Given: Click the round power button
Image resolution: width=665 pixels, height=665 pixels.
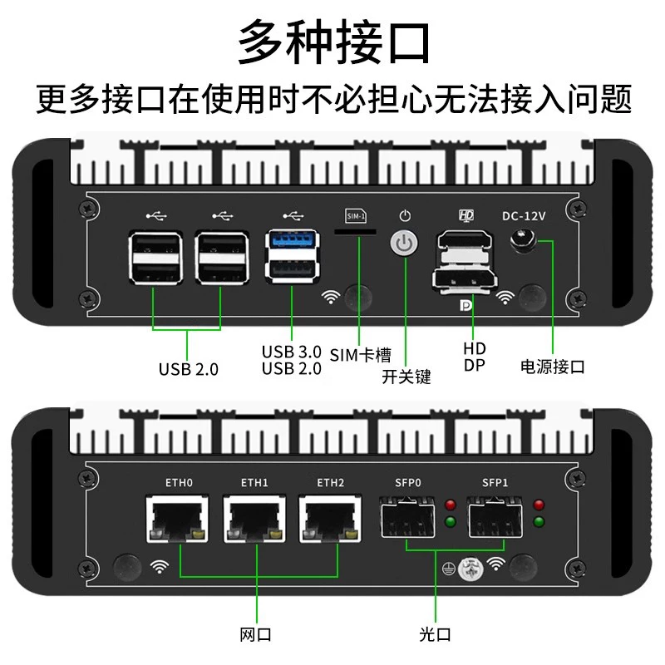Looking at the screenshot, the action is (x=404, y=244).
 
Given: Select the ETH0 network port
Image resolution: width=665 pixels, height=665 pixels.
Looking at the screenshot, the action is (x=177, y=518).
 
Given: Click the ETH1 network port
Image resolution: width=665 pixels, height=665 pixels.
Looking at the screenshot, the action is (x=254, y=518).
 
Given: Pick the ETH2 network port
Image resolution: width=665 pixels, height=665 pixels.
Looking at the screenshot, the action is (x=330, y=518).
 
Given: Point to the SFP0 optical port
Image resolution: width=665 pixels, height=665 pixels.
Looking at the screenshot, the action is (x=407, y=517).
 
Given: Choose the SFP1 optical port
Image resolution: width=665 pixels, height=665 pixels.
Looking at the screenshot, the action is (x=495, y=517).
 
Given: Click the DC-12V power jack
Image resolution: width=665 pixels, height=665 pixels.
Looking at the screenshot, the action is (x=523, y=240).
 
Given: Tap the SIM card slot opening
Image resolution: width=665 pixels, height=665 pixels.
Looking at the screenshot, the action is (x=356, y=232).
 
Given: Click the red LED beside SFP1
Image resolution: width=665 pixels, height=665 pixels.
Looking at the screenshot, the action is (x=539, y=505).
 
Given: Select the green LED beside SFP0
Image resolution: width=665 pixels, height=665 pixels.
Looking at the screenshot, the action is (x=451, y=522).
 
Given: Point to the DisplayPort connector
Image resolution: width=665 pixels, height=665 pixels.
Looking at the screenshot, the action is (x=465, y=280).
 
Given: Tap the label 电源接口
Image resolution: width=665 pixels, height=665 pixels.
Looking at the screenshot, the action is (x=552, y=367).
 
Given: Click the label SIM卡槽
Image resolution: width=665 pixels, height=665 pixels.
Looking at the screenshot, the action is (x=360, y=355).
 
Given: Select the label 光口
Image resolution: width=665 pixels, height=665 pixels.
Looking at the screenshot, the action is (x=435, y=634).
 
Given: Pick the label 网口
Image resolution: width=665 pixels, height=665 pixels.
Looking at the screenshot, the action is (x=255, y=634).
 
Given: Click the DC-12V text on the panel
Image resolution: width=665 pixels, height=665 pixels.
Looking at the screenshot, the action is (x=524, y=216).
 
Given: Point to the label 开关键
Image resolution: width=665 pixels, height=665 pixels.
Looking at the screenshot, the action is (x=406, y=377).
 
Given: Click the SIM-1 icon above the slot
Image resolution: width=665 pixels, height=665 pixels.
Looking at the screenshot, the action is (x=356, y=216).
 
